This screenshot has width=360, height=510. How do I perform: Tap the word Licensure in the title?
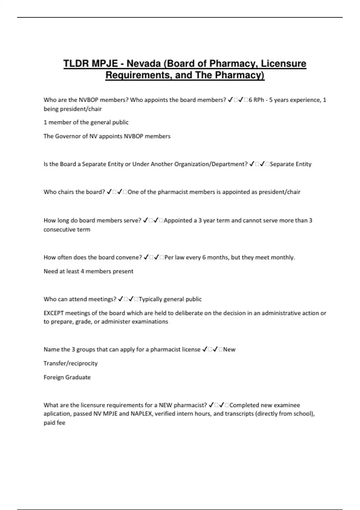[283, 64]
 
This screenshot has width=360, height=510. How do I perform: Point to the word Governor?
[68, 136]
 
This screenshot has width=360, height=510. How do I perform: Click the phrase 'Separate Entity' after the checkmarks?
[290, 164]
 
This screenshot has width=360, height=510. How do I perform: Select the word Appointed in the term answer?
[178, 220]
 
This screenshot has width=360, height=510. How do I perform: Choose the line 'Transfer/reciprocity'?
[70, 363]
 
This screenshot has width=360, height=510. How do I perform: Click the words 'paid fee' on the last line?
[54, 423]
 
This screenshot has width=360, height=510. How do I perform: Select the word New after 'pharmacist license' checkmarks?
[229, 349]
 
